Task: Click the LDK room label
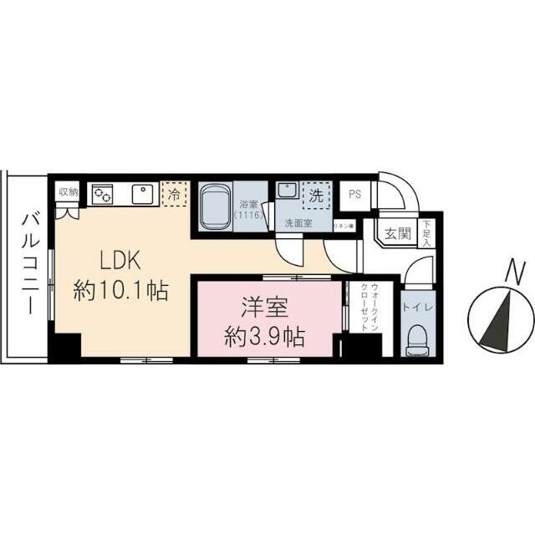[x=108, y=258]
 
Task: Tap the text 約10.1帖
[x=121, y=291]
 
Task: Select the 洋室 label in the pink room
[x=265, y=307]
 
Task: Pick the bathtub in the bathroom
[x=217, y=205]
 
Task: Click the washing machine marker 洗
[x=315, y=197]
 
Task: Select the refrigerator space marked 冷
[x=173, y=194]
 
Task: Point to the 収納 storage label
[x=68, y=191]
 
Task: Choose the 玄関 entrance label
[x=397, y=234]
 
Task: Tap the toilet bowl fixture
[x=415, y=339]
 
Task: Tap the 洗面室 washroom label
[x=298, y=223]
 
